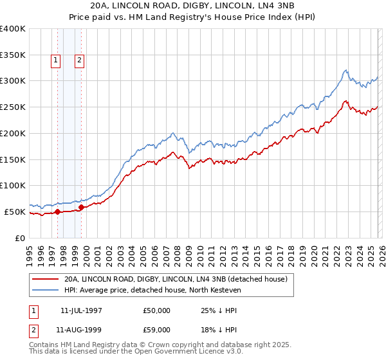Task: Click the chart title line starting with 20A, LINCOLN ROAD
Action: [x=193, y=6]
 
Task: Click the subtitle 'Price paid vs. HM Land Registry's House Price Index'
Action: [x=193, y=17]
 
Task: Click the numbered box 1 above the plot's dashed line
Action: [x=55, y=61]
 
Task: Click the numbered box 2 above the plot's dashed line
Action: [x=79, y=61]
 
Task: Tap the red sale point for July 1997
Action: [x=57, y=212]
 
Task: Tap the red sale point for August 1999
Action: [x=81, y=207]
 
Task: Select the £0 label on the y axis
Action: [x=21, y=238]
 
